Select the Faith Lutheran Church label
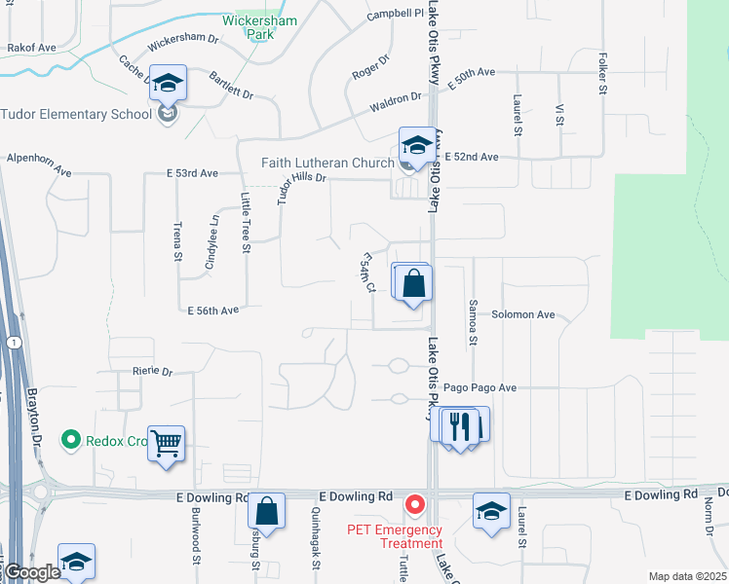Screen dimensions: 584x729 pos(326,163)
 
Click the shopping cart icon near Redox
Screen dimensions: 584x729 pos(167,445)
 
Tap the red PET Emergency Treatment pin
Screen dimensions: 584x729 pos(415,504)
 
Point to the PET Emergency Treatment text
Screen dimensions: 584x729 pos(394,536)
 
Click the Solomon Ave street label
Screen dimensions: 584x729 pos(522,314)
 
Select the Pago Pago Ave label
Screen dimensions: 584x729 pos(480,387)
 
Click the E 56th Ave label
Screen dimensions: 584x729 pos(213,310)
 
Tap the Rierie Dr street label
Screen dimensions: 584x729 pos(152,372)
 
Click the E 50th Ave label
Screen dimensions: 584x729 pos(472,80)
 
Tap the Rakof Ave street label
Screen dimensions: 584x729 pos(32,47)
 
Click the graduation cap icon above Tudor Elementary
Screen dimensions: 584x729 pos(168,84)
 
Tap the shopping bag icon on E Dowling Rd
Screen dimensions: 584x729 pos(266,511)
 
